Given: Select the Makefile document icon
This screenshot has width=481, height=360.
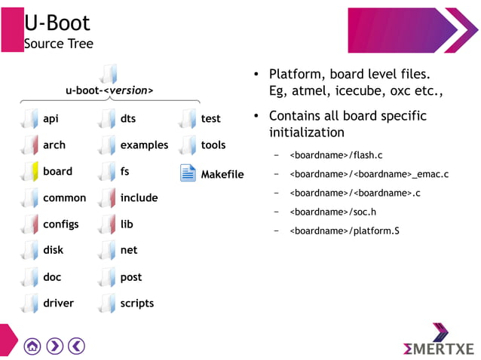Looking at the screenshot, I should point(188,173).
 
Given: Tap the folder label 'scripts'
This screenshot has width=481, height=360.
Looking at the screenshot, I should point(136,304).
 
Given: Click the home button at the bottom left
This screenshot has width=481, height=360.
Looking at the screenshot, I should point(32,346).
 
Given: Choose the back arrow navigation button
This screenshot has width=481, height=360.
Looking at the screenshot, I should point(76,346).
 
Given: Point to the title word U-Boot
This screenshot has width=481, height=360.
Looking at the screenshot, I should point(57,23).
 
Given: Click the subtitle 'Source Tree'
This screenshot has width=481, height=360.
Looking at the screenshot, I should point(59,44).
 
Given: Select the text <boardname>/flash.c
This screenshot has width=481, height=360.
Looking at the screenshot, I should point(336,155).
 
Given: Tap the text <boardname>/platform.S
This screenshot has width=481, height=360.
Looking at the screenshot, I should point(345,230).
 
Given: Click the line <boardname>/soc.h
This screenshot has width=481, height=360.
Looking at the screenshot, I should point(332,212).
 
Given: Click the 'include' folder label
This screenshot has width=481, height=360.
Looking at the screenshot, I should point(139,198).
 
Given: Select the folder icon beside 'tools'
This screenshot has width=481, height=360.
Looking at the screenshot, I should point(188,145).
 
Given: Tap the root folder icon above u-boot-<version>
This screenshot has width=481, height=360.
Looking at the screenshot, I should point(109,73).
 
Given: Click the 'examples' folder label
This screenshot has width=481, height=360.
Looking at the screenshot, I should point(144,145).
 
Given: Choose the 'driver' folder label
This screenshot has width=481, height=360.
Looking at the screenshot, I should point(58,304).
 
